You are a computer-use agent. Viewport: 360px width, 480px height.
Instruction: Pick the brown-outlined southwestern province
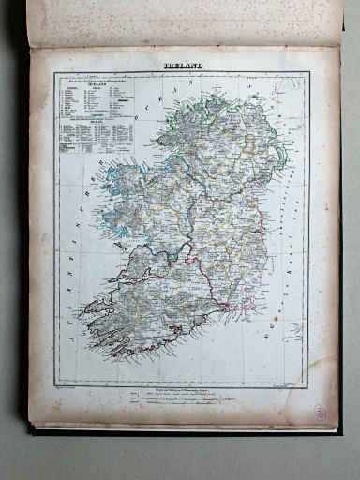(x=159, y=300)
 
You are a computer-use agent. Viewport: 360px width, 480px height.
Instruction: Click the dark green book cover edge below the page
(x=187, y=433)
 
